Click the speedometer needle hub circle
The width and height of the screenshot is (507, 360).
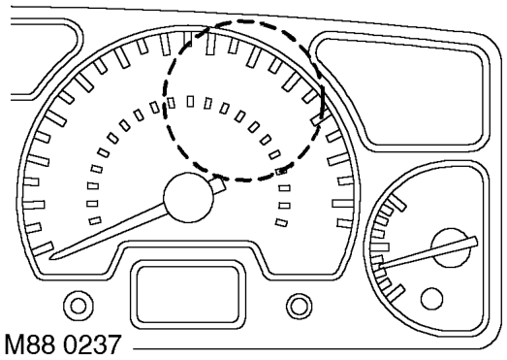[x=188, y=198]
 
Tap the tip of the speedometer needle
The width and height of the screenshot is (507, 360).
[x=49, y=258]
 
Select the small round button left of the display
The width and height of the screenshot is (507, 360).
[x=79, y=306]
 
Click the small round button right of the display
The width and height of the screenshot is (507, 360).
[x=300, y=306]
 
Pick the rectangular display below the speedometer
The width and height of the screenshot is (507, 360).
[x=187, y=294]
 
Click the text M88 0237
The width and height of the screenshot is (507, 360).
[x=63, y=345]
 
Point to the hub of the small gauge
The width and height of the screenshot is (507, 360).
[x=450, y=247]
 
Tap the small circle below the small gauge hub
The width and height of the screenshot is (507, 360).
[x=431, y=299]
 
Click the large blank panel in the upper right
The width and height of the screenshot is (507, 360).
[x=400, y=91]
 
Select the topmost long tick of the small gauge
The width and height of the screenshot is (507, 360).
[x=397, y=203]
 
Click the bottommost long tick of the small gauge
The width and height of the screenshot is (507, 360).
[x=396, y=293]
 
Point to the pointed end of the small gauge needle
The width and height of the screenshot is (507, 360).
[x=381, y=266]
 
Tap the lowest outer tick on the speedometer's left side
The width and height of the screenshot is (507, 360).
[x=43, y=248]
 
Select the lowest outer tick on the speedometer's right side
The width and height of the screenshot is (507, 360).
[x=345, y=223]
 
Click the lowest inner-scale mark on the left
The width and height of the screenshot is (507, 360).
[x=95, y=220]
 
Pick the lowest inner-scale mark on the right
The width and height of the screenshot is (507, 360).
[x=281, y=222]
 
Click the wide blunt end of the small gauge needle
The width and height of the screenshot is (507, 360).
[x=474, y=242]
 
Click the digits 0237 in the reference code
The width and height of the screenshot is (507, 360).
[x=92, y=345]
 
